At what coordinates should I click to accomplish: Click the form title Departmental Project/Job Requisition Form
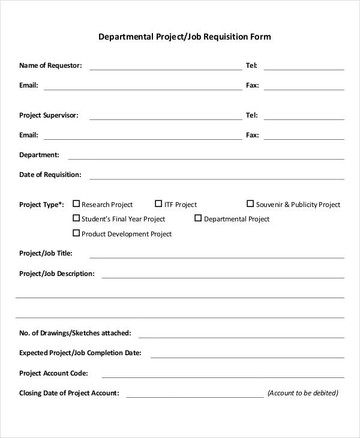point(184,37)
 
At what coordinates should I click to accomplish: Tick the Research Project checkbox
point(76,204)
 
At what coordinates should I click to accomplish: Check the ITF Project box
point(158,204)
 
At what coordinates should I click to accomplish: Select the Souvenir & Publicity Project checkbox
point(250,204)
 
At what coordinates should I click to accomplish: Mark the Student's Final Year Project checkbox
point(76,218)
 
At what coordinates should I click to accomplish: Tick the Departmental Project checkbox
point(198,218)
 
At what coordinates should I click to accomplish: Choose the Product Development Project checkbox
point(76,233)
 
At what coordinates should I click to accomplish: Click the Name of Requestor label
point(50,65)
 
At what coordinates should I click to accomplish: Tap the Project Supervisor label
point(49,115)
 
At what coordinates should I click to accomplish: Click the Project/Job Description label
point(56,274)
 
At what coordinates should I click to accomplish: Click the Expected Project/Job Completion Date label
point(80,353)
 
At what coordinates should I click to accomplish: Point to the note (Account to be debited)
point(303,394)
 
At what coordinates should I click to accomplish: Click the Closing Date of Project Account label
point(69,394)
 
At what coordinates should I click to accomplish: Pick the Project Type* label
point(41,205)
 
